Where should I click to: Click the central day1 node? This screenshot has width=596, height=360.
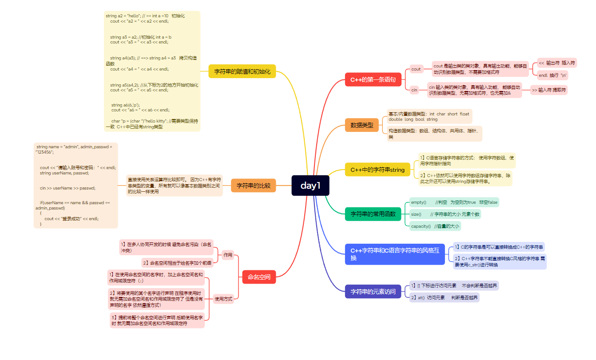tap(310, 186)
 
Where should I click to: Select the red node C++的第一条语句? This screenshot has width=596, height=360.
tap(373, 80)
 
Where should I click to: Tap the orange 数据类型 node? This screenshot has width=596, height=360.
tap(362, 125)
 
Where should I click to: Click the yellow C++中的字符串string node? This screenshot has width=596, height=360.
tap(377, 170)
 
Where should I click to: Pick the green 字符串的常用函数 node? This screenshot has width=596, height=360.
tap(373, 214)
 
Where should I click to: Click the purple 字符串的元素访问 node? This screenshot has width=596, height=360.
tap(373, 292)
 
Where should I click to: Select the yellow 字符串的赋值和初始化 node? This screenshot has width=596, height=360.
tap(242, 71)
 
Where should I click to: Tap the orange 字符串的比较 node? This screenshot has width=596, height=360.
tap(253, 186)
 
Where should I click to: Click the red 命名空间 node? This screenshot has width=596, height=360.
tap(259, 277)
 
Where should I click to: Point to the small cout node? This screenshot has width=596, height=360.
tap(416, 69)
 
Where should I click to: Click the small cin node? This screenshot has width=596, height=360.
tap(414, 90)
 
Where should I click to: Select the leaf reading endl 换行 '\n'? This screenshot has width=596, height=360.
tap(552, 75)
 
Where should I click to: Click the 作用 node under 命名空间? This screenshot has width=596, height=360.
tap(228, 255)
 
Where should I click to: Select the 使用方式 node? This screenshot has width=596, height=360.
tap(223, 299)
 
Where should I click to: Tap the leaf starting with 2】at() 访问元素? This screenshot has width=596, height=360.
tap(444, 297)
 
